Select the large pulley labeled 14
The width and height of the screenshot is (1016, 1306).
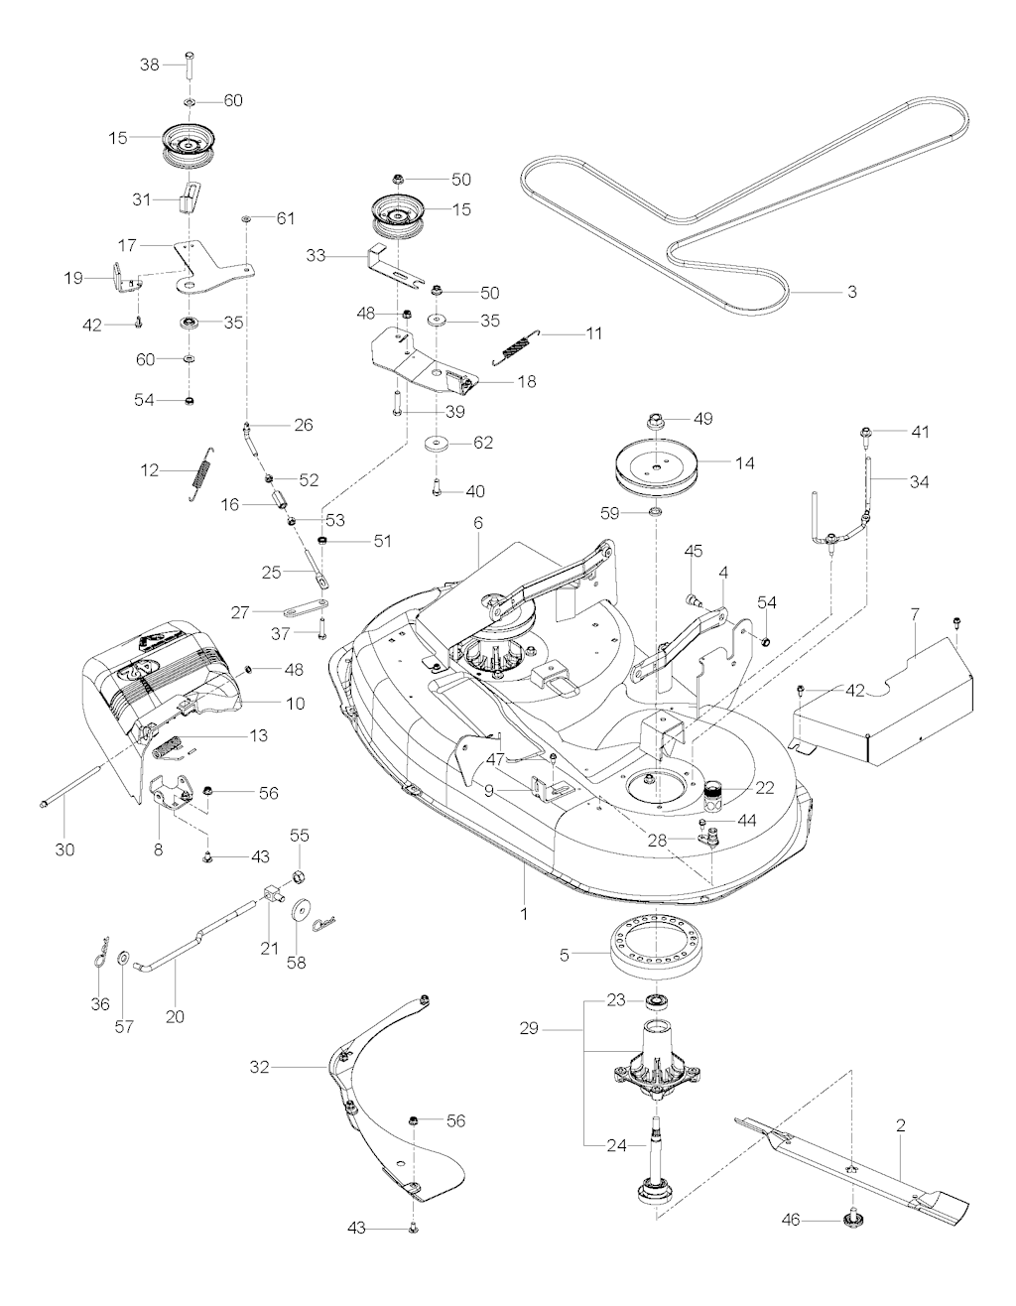click(659, 464)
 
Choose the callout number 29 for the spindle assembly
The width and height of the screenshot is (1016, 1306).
click(528, 1029)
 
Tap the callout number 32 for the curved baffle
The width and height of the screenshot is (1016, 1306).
click(260, 1067)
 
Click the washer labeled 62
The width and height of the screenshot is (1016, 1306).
click(437, 443)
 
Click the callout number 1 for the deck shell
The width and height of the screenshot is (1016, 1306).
click(524, 911)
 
